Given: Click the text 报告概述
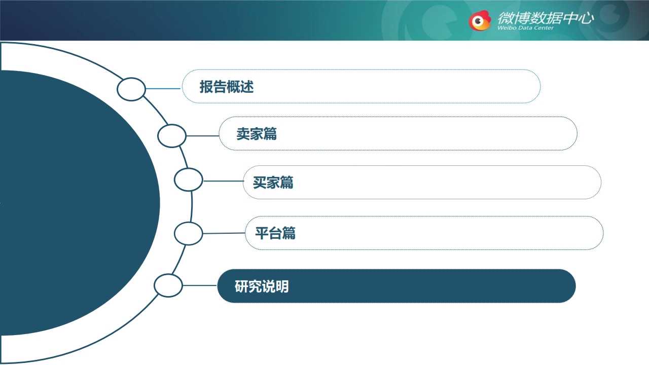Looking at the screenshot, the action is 227,87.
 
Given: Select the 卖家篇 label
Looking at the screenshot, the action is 257,134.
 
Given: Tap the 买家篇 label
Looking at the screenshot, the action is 273,182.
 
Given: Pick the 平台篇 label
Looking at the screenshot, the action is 275,233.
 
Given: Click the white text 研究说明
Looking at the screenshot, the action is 262,286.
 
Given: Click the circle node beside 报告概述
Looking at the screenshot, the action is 131,78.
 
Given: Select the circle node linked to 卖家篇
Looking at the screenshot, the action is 172,125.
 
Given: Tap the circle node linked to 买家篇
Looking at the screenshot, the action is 188,168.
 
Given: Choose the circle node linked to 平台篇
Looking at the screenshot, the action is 188,223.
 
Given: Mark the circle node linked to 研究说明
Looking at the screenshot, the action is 168,274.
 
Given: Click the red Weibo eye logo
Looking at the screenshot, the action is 480,21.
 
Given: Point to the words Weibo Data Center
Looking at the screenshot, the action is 525,28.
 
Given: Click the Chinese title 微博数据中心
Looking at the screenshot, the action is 546,18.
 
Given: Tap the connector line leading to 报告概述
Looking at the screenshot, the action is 163,89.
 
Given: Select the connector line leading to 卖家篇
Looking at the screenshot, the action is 202,136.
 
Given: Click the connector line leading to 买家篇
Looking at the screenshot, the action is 223,181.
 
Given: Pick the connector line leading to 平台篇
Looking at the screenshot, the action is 224,233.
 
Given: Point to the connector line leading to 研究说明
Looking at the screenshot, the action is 200,285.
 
